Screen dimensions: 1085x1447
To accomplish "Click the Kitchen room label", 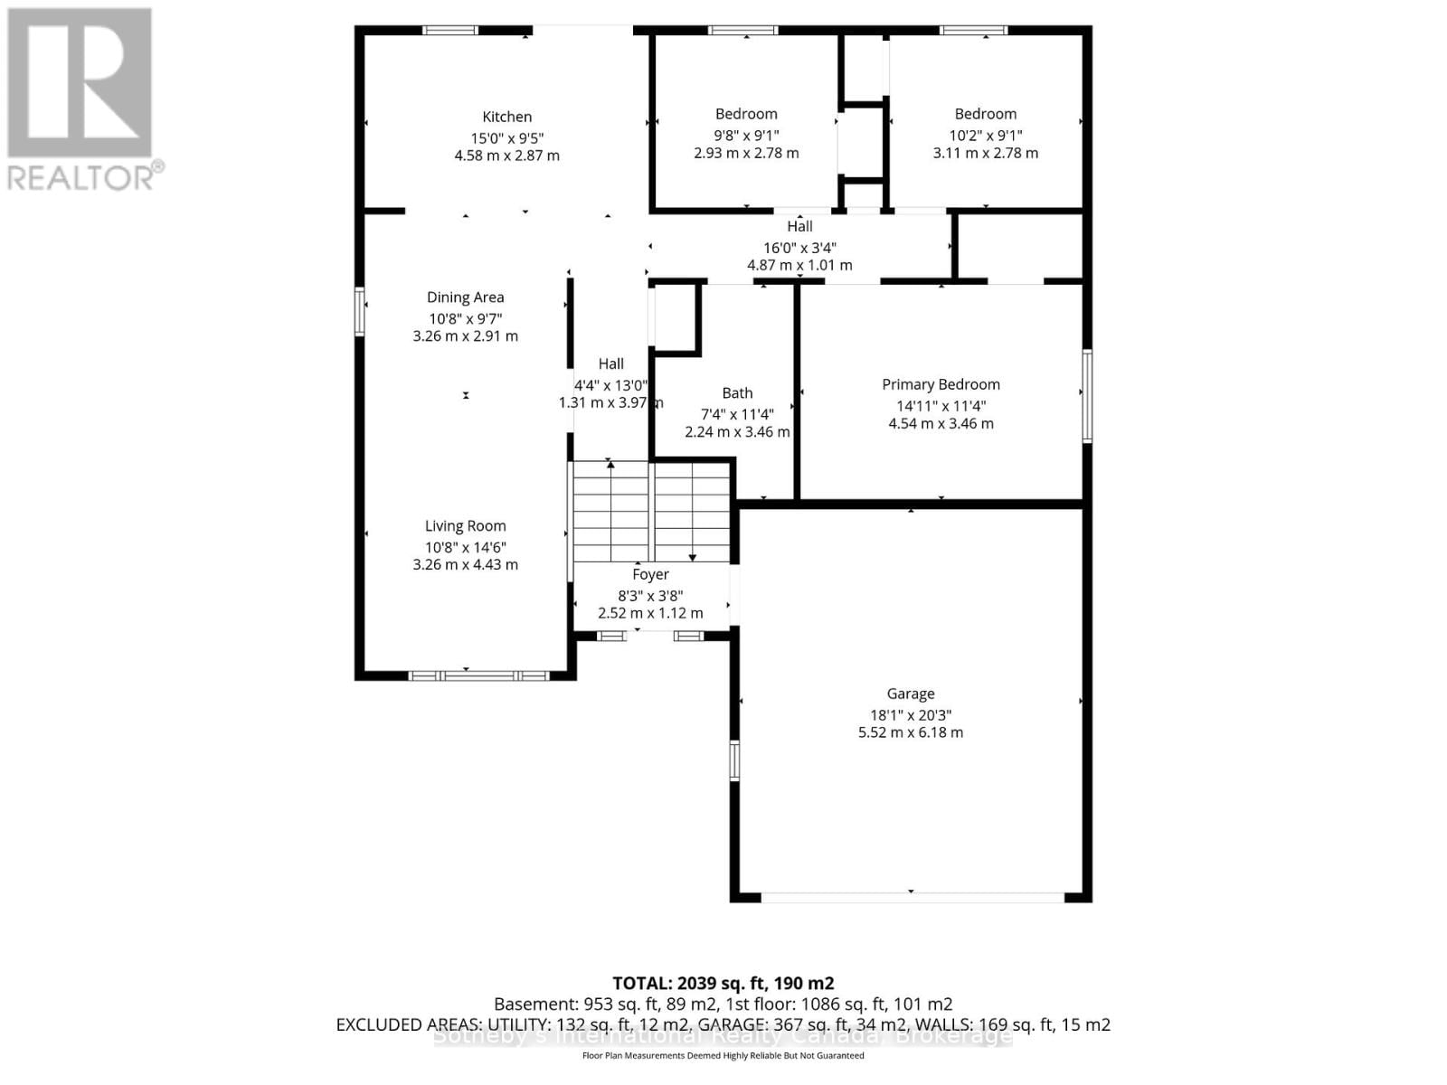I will [506, 117].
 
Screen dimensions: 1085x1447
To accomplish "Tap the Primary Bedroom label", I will [941, 384].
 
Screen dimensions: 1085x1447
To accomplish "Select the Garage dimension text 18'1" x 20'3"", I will [910, 714].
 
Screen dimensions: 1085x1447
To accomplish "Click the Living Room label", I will [465, 526].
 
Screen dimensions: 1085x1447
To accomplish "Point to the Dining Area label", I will [465, 297].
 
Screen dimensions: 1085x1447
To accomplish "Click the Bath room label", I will [737, 393].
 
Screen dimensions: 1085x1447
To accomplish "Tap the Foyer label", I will [650, 574].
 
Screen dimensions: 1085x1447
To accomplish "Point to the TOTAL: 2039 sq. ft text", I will [723, 984].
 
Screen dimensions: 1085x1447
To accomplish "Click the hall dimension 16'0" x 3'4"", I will [799, 248].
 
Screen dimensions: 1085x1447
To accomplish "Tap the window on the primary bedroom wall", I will [1087, 395].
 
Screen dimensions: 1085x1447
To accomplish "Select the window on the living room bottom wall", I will [478, 675].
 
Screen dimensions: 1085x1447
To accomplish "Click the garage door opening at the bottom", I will [912, 898].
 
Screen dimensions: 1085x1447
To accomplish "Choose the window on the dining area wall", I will [360, 311].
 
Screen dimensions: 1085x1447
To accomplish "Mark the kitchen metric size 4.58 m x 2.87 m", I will [506, 156].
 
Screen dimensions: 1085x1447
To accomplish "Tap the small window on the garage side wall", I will [734, 759].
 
